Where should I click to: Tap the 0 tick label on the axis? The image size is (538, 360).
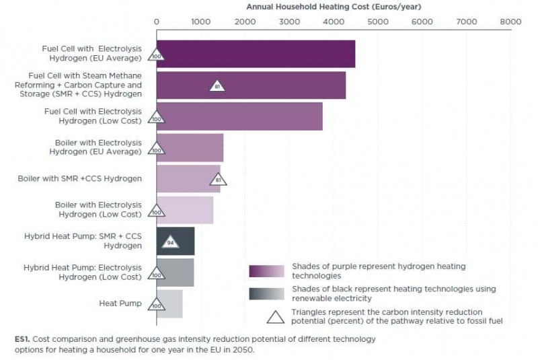coord(157,22)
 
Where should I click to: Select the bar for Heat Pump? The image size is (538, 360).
coord(171,303)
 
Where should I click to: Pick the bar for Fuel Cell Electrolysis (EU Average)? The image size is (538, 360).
coord(256,54)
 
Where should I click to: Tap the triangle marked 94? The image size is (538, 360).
coord(171,241)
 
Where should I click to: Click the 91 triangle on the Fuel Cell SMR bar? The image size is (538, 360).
coord(217,86)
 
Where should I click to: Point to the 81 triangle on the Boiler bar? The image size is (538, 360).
coord(218,180)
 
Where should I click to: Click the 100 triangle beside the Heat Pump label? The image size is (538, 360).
coord(157,305)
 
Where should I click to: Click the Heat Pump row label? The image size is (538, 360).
coord(120,303)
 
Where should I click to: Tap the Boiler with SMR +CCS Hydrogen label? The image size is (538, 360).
coord(79,178)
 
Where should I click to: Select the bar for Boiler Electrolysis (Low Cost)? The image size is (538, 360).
coord(185,210)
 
